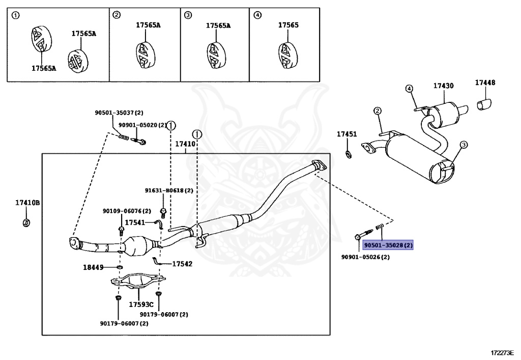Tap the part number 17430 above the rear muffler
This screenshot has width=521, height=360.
[443, 86]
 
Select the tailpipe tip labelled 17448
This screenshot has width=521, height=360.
[484, 104]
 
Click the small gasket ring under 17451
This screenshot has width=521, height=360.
[349, 154]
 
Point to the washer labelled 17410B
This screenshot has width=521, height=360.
[26, 223]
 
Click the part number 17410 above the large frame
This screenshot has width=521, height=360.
[185, 144]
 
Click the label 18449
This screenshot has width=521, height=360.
[93, 267]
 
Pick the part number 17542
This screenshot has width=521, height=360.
[182, 264]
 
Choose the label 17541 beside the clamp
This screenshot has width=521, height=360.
[135, 223]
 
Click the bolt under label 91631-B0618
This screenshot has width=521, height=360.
[163, 211]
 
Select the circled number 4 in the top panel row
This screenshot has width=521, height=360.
[257, 15]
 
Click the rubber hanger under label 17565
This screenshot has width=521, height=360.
[287, 56]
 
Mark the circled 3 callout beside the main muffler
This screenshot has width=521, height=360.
[464, 145]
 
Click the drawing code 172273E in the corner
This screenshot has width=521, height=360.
[502, 352]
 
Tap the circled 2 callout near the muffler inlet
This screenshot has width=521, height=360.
[378, 111]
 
